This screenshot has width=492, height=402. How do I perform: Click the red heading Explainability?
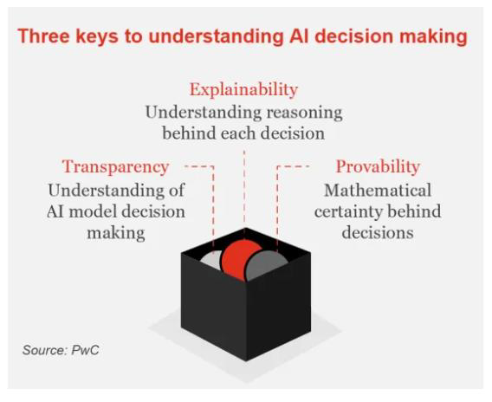pos(243,89)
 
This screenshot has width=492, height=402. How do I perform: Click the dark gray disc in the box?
pos(269,263)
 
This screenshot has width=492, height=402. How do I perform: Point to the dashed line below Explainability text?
pos(244,186)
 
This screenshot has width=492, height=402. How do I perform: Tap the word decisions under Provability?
pos(377,233)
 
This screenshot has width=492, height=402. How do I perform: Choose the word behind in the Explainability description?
pos(187,134)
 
